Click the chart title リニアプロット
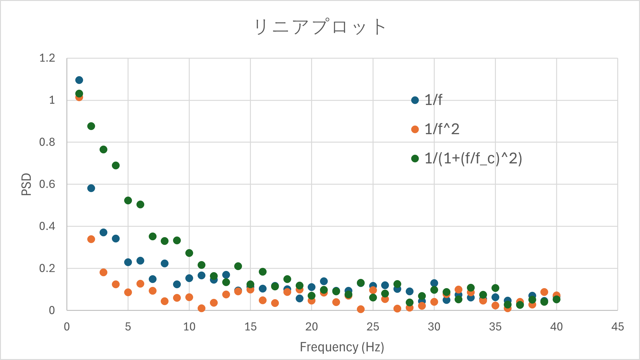pyautogui.click(x=320, y=27)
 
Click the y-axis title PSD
pyautogui.click(x=26, y=184)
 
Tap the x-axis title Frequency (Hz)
pyautogui.click(x=342, y=347)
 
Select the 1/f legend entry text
pyautogui.click(x=433, y=100)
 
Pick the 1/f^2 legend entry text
pyautogui.click(x=442, y=129)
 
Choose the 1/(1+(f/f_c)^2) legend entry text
pyautogui.click(x=473, y=158)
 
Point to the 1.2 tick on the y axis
pyautogui.click(x=47, y=58)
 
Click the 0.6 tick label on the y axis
pyautogui.click(x=47, y=184)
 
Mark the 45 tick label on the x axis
pyautogui.click(x=618, y=327)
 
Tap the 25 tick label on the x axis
pyautogui.click(x=373, y=327)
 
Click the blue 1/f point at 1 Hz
pyautogui.click(x=79, y=80)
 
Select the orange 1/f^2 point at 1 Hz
pyautogui.click(x=79, y=98)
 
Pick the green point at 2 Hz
pyautogui.click(x=91, y=126)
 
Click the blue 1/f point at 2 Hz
pyautogui.click(x=91, y=188)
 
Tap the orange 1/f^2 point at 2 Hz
pyautogui.click(x=91, y=239)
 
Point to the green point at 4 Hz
pyautogui.click(x=116, y=166)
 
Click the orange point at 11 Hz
pyautogui.click(x=201, y=308)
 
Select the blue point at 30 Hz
pyautogui.click(x=434, y=283)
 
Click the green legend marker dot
pyautogui.click(x=415, y=158)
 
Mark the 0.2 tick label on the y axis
pyautogui.click(x=47, y=268)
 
